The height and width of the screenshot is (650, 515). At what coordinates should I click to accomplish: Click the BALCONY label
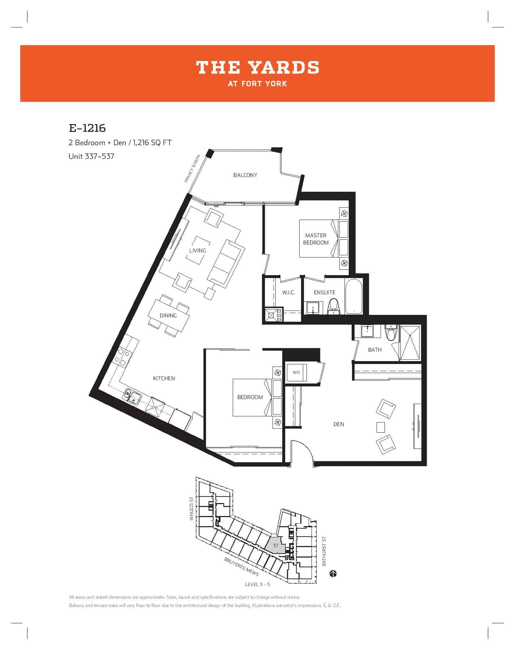(245, 175)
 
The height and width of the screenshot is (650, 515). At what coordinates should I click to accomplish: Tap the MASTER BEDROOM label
(316, 239)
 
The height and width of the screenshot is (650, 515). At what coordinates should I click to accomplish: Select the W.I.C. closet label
(288, 292)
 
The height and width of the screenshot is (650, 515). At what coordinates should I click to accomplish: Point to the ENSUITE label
(325, 292)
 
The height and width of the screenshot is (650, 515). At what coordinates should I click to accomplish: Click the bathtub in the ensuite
(354, 296)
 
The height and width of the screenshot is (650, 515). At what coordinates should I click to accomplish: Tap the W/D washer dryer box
(296, 372)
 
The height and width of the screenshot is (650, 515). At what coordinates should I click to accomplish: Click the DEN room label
(339, 424)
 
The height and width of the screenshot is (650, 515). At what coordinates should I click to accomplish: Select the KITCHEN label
(164, 378)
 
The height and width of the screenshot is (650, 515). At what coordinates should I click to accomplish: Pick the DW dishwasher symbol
(155, 407)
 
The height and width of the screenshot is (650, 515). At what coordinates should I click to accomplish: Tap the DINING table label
(168, 316)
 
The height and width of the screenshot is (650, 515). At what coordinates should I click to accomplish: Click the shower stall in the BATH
(410, 343)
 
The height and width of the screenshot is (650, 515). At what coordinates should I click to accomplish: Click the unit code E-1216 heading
(87, 128)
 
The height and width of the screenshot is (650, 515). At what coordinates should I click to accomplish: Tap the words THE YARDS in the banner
(258, 68)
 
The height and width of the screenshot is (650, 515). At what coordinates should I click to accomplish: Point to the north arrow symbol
(333, 573)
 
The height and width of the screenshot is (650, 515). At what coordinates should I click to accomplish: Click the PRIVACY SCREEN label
(192, 169)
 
